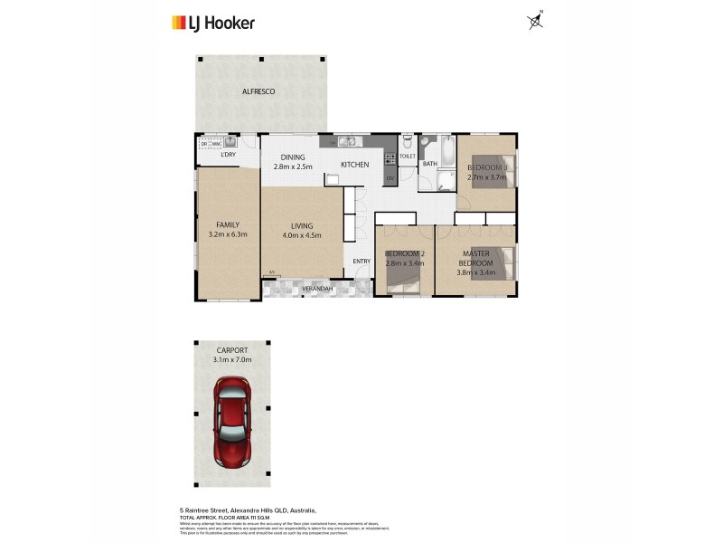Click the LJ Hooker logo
tap(212, 23)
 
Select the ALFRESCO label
tap(258, 92)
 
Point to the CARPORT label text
tap(232, 350)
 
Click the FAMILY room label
tap(227, 224)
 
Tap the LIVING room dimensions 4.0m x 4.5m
tap(301, 236)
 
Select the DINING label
tap(292, 157)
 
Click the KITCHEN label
tap(354, 165)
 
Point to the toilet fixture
tap(408, 144)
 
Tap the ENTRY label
tap(361, 262)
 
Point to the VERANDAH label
tap(318, 289)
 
